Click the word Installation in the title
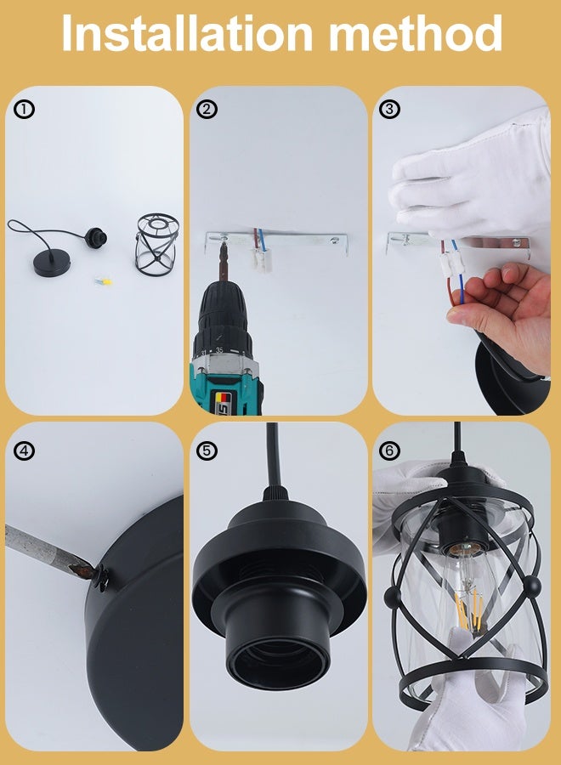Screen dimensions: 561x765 [187, 33]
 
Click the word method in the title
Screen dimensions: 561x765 [416, 33]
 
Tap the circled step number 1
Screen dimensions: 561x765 [24, 110]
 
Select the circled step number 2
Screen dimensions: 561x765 [207, 109]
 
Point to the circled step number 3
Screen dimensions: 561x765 [389, 109]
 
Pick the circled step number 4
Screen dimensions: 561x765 [24, 450]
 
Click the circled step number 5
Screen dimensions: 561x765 [207, 450]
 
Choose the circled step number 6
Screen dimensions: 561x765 [389, 450]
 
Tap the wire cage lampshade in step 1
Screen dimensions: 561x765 [156, 243]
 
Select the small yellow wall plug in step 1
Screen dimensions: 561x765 [104, 281]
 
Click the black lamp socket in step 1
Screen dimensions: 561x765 [95, 238]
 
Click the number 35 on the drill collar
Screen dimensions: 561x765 [219, 350]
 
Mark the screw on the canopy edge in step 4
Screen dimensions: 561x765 [101, 575]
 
